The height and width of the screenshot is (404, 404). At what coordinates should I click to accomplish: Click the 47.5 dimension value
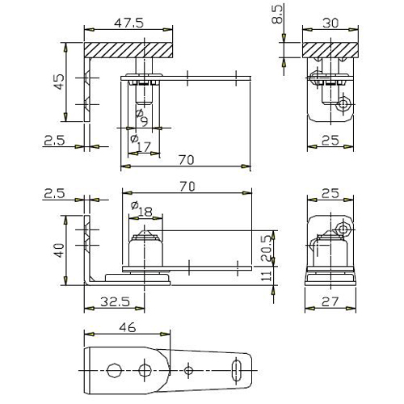click(x=128, y=23)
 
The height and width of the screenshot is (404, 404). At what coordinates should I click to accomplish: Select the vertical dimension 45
click(x=59, y=82)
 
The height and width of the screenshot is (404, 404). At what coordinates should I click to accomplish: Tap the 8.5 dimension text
click(x=277, y=15)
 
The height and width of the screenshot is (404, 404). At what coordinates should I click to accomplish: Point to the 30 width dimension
click(x=330, y=23)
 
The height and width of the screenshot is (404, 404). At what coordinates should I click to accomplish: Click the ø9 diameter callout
click(x=142, y=117)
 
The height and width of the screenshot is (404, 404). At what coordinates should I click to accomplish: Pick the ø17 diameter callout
click(x=140, y=143)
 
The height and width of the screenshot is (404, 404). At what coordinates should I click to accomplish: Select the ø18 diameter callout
click(x=141, y=209)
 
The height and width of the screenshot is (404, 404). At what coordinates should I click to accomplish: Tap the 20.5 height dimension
click(x=267, y=248)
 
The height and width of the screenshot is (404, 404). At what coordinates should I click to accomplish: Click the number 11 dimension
click(x=267, y=276)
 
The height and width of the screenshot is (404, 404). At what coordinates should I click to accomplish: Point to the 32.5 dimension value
click(x=115, y=301)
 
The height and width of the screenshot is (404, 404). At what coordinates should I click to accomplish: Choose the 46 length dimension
click(x=128, y=327)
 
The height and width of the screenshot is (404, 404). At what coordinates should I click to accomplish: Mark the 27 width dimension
click(x=330, y=301)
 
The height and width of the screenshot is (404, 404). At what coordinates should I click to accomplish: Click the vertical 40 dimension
click(x=59, y=250)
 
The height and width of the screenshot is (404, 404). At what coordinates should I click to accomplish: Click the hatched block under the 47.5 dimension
click(x=128, y=50)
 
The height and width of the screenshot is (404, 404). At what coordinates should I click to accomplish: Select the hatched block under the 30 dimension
click(x=330, y=50)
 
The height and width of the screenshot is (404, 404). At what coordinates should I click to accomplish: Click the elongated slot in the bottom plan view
click(x=236, y=370)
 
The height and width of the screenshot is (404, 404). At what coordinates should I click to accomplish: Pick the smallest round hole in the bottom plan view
click(x=188, y=370)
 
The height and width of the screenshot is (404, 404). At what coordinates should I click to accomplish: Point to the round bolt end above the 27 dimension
click(x=343, y=229)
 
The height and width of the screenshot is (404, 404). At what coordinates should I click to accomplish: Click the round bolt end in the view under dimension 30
click(x=343, y=104)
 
